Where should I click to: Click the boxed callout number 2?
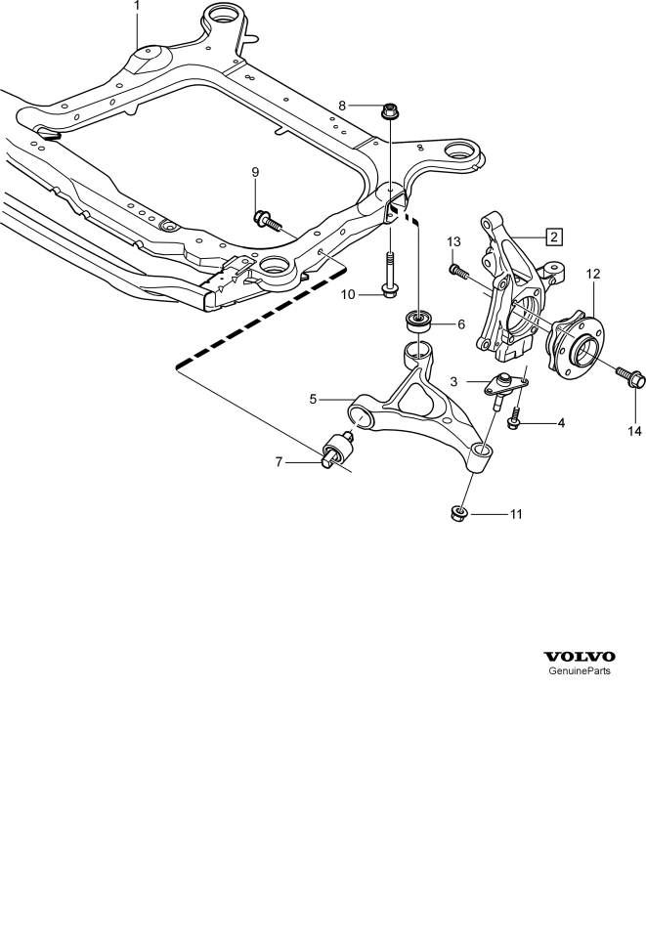click(x=554, y=237)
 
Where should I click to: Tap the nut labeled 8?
click(x=389, y=111)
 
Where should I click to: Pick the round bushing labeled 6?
click(x=419, y=321)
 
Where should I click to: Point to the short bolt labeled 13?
click(x=458, y=271)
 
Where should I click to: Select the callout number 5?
click(x=313, y=399)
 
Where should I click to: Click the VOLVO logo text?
click(x=580, y=657)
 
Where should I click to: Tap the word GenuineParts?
click(x=579, y=671)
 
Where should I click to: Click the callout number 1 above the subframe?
click(x=137, y=6)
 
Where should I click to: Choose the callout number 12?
click(x=593, y=274)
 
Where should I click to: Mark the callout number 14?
click(x=634, y=431)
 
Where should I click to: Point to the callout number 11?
click(x=516, y=515)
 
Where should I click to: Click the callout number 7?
click(x=279, y=462)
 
